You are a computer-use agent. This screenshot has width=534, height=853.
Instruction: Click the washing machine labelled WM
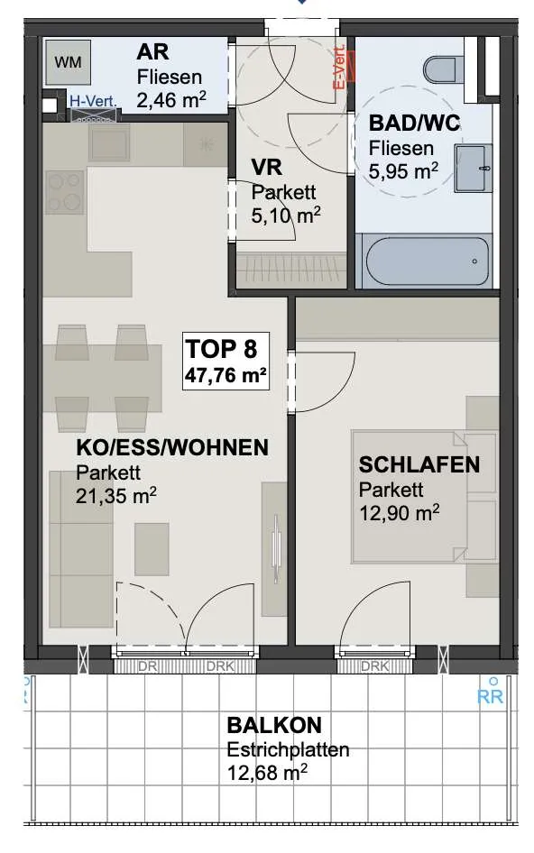[68, 62]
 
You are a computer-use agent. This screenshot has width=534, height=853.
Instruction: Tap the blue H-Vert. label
[93, 101]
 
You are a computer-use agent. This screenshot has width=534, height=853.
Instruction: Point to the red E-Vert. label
[340, 68]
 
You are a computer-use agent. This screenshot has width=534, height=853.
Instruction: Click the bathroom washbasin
[473, 168]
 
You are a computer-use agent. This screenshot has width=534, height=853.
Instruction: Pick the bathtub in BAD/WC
[428, 261]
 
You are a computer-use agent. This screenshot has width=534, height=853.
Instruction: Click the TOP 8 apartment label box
[226, 360]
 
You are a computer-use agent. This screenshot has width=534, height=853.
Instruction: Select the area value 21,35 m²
[116, 496]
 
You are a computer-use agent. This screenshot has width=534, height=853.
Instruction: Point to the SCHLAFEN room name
[419, 464]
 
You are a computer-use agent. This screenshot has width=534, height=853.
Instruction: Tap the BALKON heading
[274, 725]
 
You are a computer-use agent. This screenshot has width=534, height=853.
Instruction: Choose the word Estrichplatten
[288, 749]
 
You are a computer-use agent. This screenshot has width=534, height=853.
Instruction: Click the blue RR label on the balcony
[490, 697]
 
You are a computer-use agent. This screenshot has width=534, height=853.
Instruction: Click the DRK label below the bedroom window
[374, 665]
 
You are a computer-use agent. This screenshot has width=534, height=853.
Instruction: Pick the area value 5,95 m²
[403, 171]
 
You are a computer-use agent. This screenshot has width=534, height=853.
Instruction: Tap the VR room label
[267, 167]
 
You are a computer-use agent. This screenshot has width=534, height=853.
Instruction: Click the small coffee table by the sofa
[152, 549]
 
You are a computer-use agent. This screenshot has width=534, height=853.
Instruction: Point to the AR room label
[152, 52]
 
